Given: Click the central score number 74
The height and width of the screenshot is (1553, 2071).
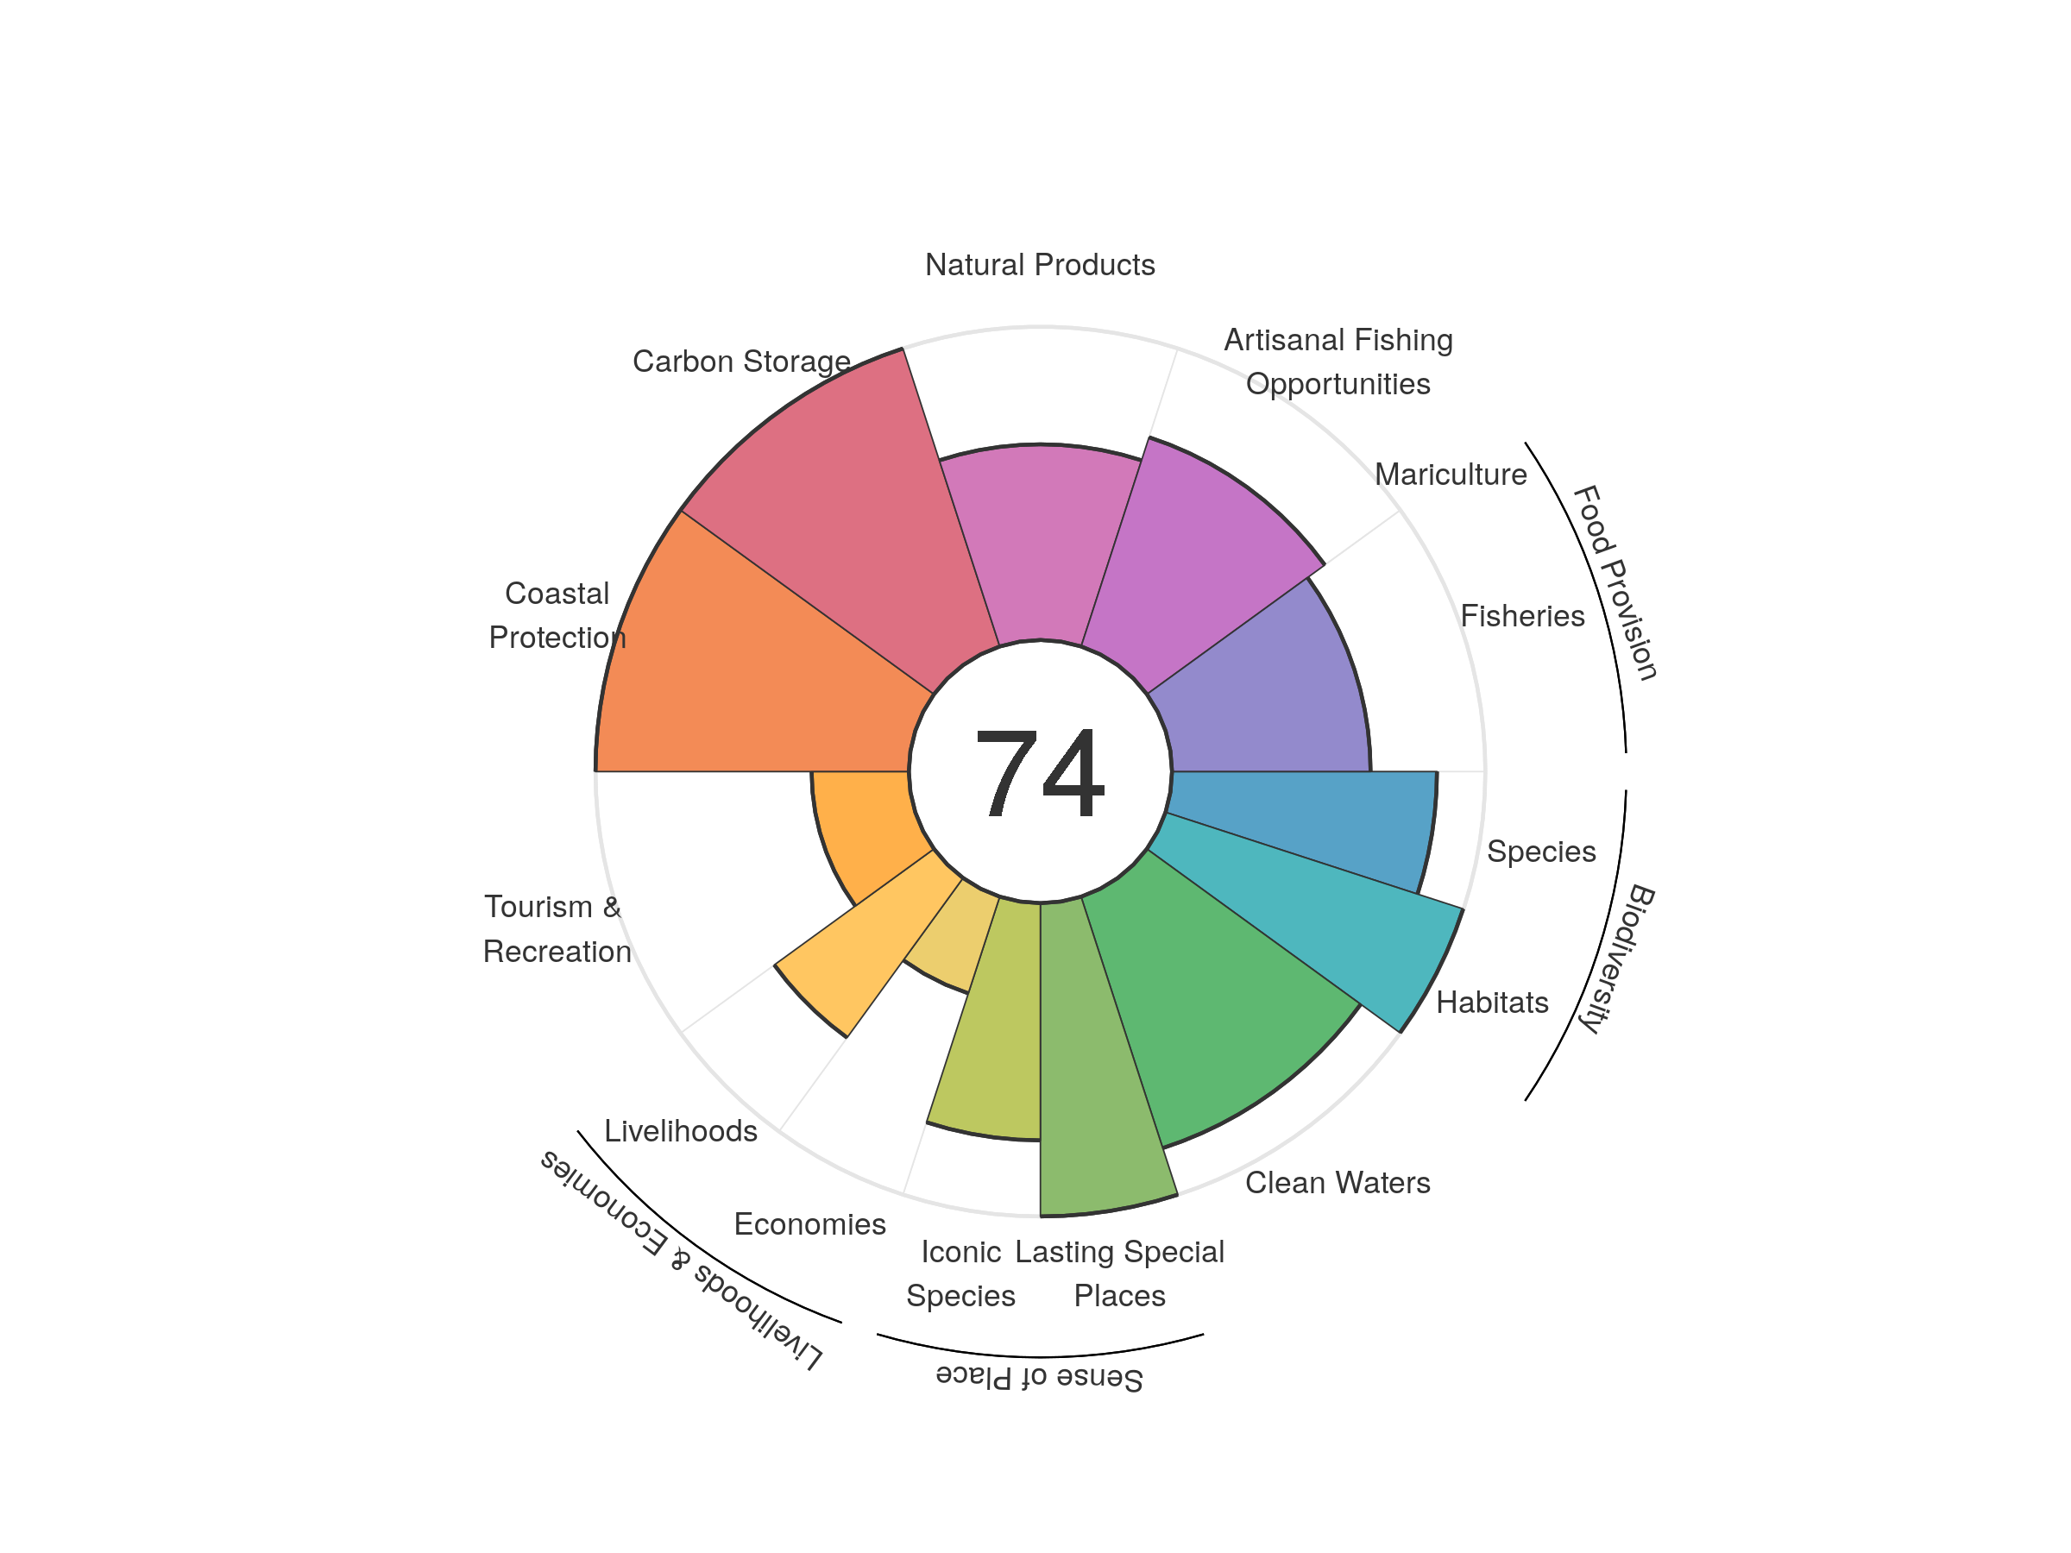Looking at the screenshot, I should [x=1039, y=773].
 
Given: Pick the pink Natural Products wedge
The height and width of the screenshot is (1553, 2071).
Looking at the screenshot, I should [x=1039, y=543].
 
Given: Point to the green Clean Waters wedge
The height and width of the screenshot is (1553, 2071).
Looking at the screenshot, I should [x=1217, y=1002].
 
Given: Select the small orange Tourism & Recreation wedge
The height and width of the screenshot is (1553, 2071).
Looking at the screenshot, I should [x=861, y=824].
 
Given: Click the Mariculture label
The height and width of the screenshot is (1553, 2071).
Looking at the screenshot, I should [x=1451, y=475].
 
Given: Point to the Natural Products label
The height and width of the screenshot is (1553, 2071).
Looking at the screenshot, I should [x=1039, y=265].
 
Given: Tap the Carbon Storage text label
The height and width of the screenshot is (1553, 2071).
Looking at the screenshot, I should [x=741, y=362].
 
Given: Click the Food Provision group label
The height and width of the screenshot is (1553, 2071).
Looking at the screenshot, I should [x=1615, y=582].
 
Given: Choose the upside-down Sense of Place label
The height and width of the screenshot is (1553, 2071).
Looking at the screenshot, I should [x=1039, y=1377].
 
